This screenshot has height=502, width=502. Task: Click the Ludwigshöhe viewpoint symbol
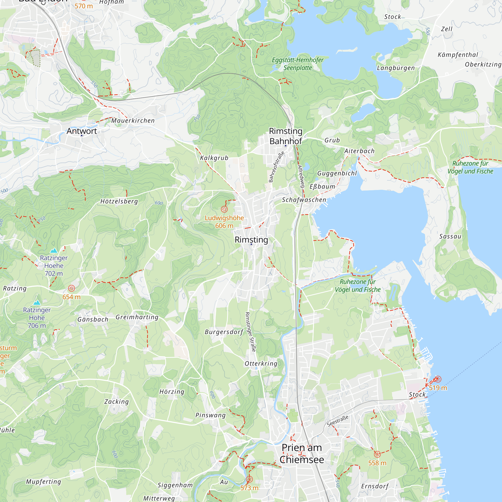point(224,209)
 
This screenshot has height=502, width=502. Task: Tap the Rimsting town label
point(251,239)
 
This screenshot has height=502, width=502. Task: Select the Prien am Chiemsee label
point(302,454)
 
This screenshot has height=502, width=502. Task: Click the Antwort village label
point(82,131)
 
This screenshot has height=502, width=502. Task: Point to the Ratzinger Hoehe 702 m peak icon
point(54,250)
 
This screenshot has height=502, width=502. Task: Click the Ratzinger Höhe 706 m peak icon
point(37,303)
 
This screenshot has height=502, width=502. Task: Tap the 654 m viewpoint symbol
point(72,288)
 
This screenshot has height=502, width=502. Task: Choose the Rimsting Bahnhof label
point(286,136)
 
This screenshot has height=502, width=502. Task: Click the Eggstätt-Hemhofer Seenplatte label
point(297,64)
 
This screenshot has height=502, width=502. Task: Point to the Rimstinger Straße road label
point(251,332)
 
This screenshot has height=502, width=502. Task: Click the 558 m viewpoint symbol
point(377,455)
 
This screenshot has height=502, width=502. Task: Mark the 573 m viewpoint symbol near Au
point(249,479)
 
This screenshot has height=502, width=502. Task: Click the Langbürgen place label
point(396,68)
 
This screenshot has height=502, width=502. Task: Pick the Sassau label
point(450,236)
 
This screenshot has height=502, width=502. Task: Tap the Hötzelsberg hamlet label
point(119,201)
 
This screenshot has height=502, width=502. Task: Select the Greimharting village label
point(137,317)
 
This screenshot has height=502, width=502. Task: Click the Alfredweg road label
point(301,176)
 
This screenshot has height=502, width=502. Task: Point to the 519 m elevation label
point(438,388)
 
